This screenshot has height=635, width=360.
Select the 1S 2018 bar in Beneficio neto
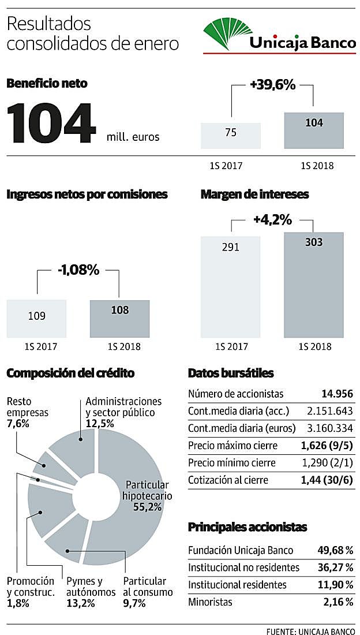pyautogui.click(x=314, y=130)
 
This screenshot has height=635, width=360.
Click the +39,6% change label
pyautogui.click(x=272, y=85)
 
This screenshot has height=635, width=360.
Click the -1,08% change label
pyautogui.click(x=78, y=271)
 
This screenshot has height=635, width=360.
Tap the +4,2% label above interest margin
pyautogui.click(x=272, y=220)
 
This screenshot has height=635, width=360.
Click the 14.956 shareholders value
pyautogui.click(x=337, y=394)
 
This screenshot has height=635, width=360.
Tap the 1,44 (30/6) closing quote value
pyautogui.click(x=328, y=480)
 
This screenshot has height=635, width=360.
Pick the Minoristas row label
pyautogui.click(x=210, y=602)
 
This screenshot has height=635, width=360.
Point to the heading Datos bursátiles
pyautogui.click(x=231, y=373)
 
